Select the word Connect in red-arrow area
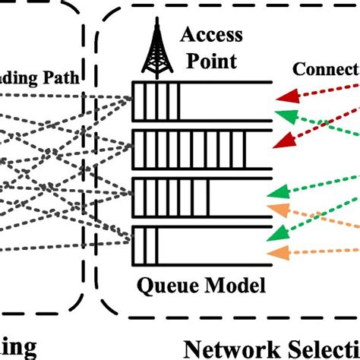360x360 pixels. coord(324,70)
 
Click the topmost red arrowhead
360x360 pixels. coord(282,96)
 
